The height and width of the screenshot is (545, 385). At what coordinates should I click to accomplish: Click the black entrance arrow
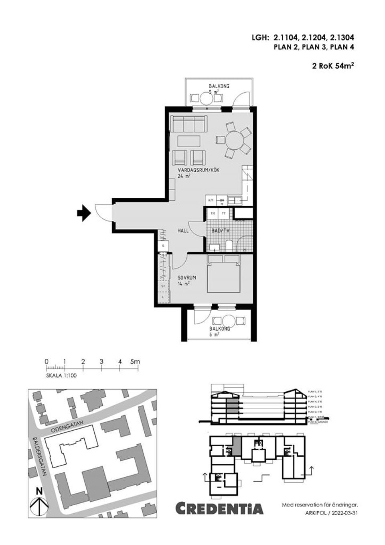tap(83, 213)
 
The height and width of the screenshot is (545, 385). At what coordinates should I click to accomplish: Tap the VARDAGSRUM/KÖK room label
tap(199, 170)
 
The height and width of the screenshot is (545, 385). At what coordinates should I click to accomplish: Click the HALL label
tap(183, 231)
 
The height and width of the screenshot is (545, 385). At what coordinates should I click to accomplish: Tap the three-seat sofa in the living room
tap(188, 124)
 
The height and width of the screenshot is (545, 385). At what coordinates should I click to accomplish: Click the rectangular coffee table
tap(189, 141)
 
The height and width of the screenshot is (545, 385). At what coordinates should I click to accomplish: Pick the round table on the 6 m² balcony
tap(229, 321)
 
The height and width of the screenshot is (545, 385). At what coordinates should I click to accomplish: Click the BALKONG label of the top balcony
tap(219, 86)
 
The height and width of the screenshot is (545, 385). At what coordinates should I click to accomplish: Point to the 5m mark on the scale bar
tap(135, 362)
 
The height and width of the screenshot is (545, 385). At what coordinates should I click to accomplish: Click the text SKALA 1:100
tap(61, 376)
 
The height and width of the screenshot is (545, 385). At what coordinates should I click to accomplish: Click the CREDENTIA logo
tap(220, 508)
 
